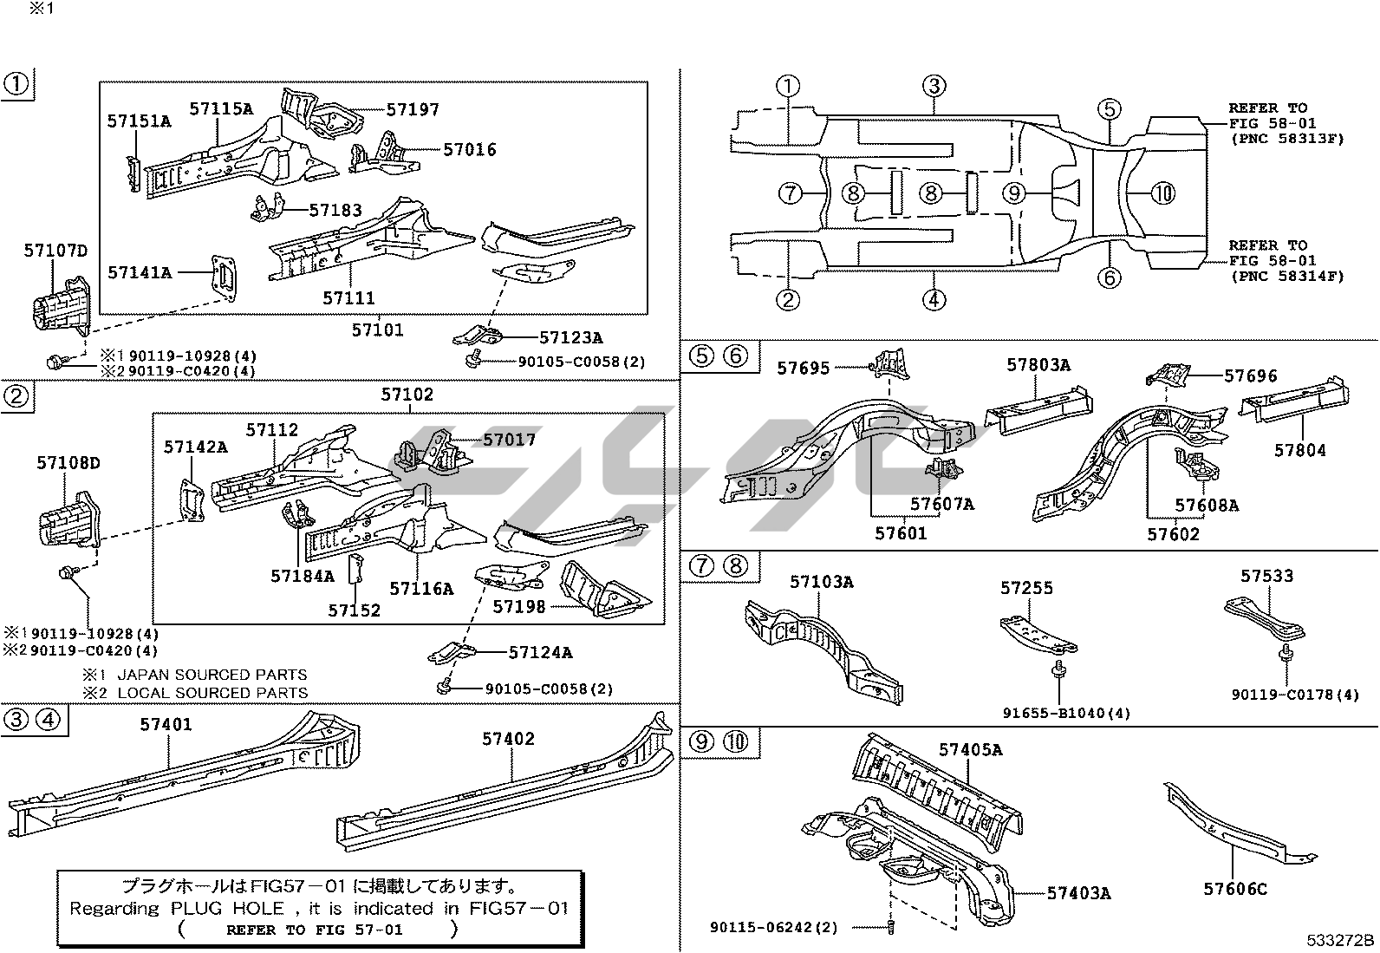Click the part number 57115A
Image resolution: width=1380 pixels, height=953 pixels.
pyautogui.click(x=221, y=108)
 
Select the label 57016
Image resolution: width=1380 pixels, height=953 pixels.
pyautogui.click(x=470, y=150)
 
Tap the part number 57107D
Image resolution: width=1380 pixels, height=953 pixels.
pyautogui.click(x=55, y=251)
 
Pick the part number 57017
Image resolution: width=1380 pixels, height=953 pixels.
pyautogui.click(x=510, y=440)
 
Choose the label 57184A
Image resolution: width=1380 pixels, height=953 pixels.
pyautogui.click(x=303, y=576)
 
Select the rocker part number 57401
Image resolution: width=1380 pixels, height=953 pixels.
pyautogui.click(x=166, y=725)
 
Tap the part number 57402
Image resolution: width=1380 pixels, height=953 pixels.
pyautogui.click(x=509, y=739)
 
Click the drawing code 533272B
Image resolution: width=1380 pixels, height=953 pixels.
pyautogui.click(x=1341, y=940)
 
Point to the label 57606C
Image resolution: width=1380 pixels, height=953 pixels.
pyautogui.click(x=1235, y=889)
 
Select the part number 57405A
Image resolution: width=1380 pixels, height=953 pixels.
pyautogui.click(x=970, y=749)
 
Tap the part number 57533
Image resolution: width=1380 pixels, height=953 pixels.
pyautogui.click(x=1266, y=576)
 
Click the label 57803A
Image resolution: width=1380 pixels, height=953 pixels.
pyautogui.click(x=1038, y=365)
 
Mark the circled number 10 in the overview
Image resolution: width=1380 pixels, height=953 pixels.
pyautogui.click(x=1164, y=193)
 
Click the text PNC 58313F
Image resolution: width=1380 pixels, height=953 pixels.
pyautogui.click(x=1287, y=138)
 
